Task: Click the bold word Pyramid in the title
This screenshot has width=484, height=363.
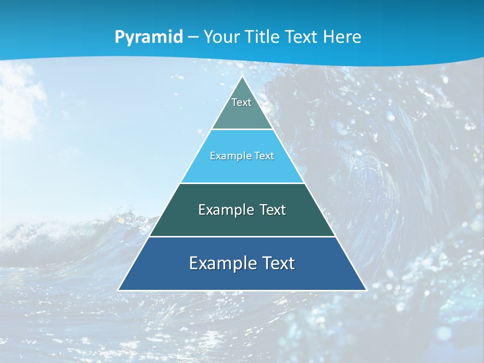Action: click(149, 37)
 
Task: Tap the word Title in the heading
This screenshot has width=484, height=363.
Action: click(263, 37)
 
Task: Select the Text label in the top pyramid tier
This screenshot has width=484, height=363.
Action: click(241, 102)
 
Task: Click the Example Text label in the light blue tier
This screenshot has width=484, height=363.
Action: click(242, 156)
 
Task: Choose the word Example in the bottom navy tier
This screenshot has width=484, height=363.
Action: click(217, 263)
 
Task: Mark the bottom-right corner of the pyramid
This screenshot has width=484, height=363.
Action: click(366, 290)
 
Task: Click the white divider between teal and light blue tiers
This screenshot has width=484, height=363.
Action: click(242, 130)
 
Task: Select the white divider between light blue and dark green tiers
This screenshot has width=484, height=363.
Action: click(242, 183)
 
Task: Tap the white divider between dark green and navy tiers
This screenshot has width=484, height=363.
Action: click(242, 236)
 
